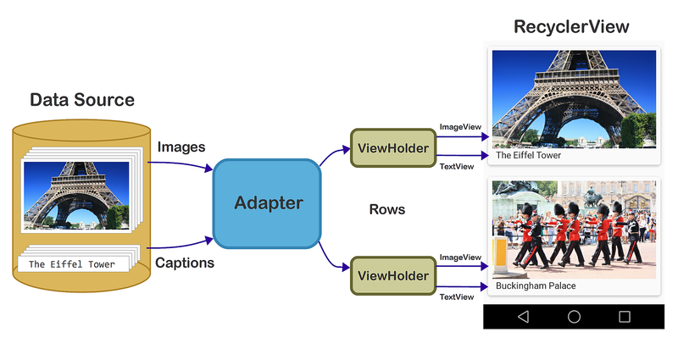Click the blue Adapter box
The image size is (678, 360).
267,203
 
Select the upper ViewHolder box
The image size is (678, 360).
391,148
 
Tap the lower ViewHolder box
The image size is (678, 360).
391,276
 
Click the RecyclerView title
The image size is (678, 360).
571,27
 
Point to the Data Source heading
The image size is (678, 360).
82,100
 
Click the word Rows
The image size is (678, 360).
387,209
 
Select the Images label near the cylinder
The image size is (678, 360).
181,147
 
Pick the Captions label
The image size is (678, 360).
185,263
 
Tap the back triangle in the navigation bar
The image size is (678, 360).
523,317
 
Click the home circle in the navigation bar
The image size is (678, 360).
574,317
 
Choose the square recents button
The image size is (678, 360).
625,317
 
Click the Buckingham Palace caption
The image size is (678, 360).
536,286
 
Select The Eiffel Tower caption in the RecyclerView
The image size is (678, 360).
528,156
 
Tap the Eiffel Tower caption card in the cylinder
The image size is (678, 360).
72,264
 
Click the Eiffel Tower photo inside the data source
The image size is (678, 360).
76,195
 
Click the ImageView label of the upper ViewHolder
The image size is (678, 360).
460,127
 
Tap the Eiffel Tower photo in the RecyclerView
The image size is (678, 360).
574,97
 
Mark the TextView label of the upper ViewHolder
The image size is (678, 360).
456,166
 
